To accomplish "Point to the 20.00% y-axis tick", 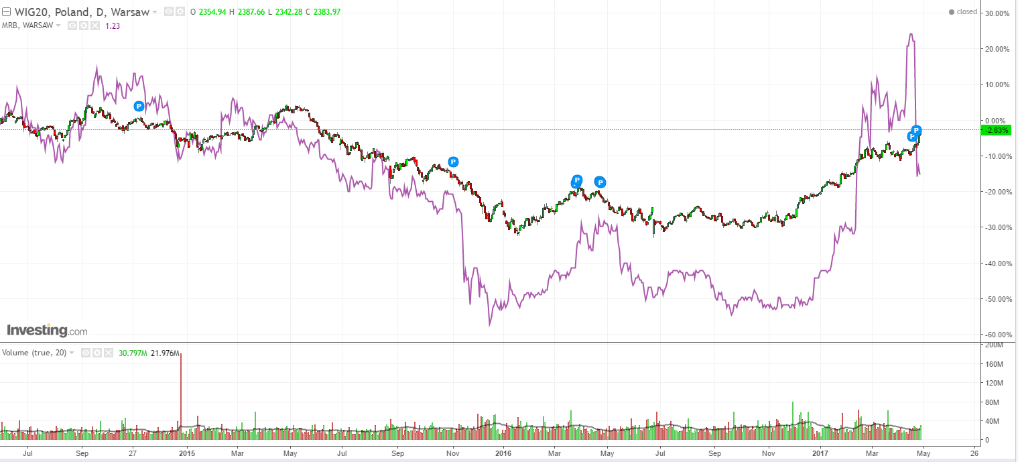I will pyautogui.click(x=996, y=49).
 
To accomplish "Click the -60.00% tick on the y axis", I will pyautogui.click(x=995, y=335).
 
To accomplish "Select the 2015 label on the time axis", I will pyautogui.click(x=186, y=453).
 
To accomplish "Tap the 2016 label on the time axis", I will pyautogui.click(x=503, y=453).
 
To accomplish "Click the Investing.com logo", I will pyautogui.click(x=47, y=331).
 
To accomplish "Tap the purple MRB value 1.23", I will pyautogui.click(x=112, y=25).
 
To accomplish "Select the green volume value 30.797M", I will pyautogui.click(x=133, y=353).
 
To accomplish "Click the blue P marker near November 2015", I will pyautogui.click(x=454, y=162).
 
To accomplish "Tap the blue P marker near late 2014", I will pyautogui.click(x=139, y=106).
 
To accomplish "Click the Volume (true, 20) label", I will pyautogui.click(x=34, y=353).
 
